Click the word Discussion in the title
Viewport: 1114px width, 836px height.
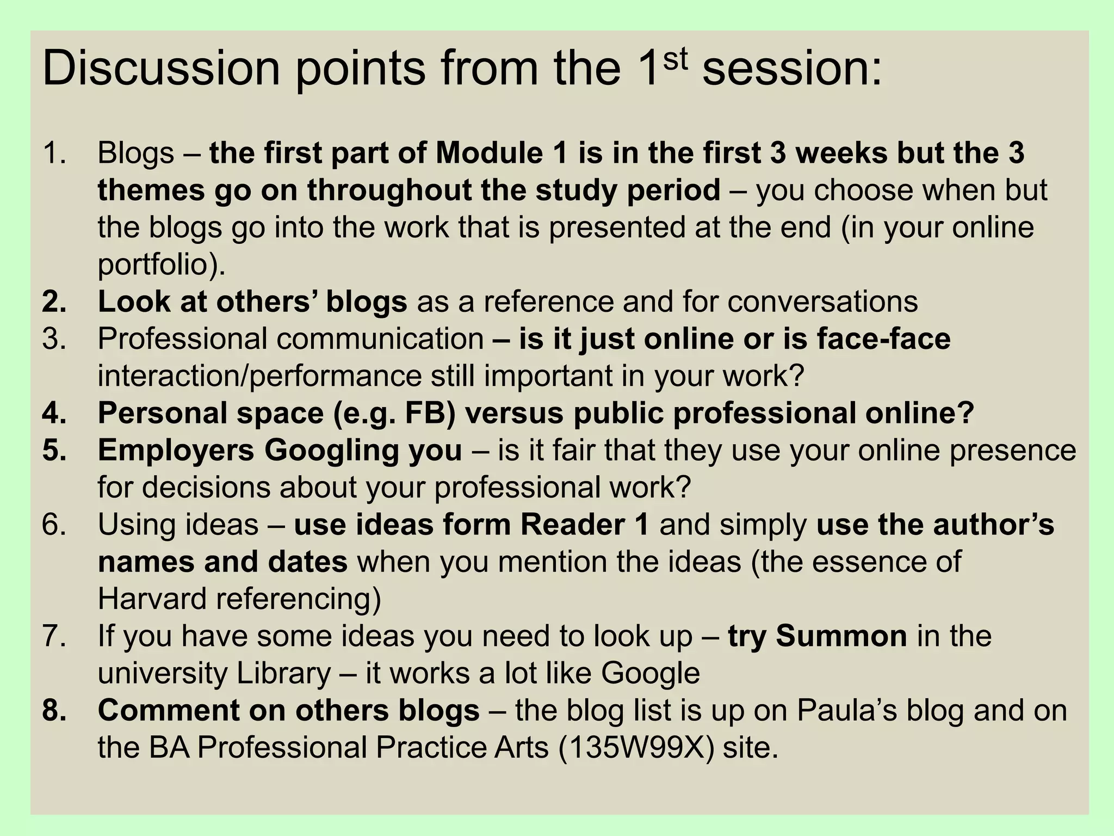161,69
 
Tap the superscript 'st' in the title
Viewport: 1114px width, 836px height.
675,59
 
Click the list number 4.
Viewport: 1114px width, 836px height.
54,413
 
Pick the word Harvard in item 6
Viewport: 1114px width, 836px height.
152,599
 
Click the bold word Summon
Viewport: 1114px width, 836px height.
841,636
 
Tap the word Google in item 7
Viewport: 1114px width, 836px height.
650,673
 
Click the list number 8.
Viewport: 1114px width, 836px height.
54,710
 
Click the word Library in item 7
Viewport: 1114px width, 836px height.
283,673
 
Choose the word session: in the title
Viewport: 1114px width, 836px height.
792,69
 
